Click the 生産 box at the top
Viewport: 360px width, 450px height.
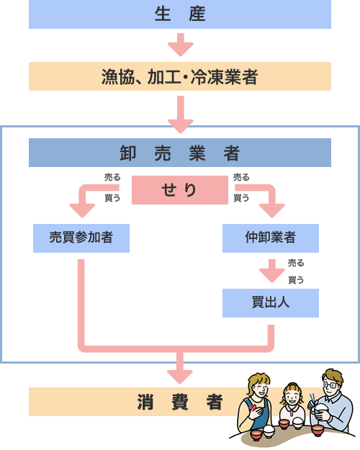[x=180, y=14]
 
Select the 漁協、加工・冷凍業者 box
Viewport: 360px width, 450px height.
[x=180, y=76]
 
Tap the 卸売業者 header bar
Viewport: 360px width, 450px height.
[x=180, y=153]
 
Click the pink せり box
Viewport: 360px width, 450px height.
[x=179, y=190]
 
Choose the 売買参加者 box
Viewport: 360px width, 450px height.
[x=81, y=238]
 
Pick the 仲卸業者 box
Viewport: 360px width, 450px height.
[x=270, y=238]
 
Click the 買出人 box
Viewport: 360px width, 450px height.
[x=270, y=302]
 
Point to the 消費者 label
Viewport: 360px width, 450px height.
[x=180, y=402]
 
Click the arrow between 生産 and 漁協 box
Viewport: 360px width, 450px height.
[x=180, y=45]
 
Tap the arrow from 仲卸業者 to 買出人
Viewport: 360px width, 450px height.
[x=271, y=272]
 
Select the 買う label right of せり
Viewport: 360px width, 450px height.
[x=242, y=197]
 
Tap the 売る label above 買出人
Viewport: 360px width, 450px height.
[x=295, y=263]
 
